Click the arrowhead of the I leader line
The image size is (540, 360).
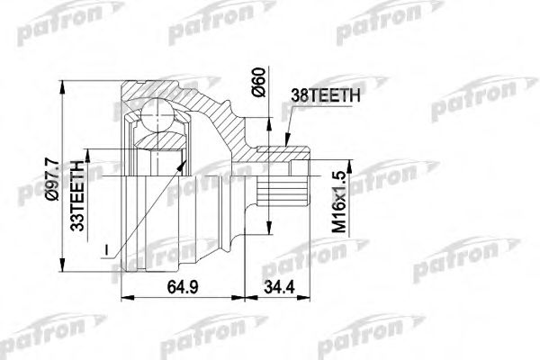(186, 159)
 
